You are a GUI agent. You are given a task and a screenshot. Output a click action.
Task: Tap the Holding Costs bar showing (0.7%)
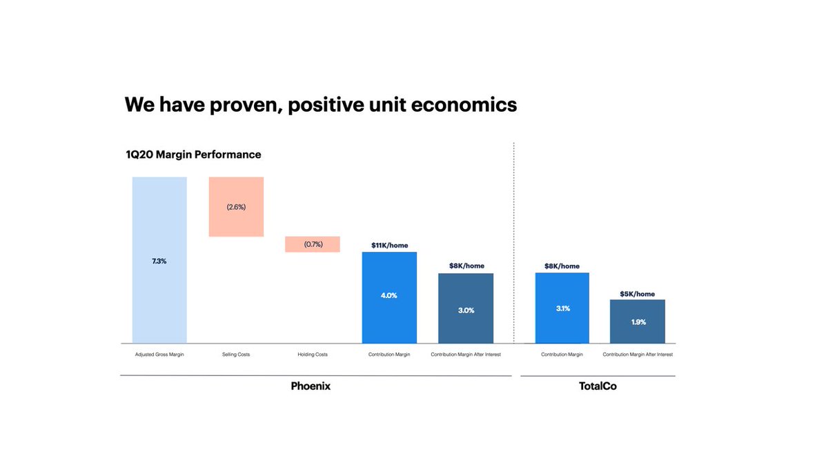(x=312, y=244)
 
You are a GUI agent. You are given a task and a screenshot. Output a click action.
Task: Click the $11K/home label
(x=389, y=245)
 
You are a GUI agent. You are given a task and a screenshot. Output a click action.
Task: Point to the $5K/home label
(x=638, y=293)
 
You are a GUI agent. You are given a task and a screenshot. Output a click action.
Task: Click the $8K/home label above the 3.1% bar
(x=562, y=266)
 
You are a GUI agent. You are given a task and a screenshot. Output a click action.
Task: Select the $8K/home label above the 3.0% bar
(x=466, y=266)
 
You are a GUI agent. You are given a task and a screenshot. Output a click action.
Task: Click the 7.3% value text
(x=159, y=261)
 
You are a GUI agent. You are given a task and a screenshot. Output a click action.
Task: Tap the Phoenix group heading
(x=310, y=386)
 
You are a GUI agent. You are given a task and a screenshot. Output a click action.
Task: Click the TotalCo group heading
(x=598, y=386)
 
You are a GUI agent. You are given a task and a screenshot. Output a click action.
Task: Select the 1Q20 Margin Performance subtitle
(x=193, y=155)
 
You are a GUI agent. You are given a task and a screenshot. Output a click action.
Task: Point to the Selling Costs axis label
(x=236, y=355)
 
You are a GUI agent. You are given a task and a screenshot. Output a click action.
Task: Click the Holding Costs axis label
(x=312, y=355)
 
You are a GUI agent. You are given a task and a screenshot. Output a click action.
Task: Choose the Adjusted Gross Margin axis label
(x=159, y=355)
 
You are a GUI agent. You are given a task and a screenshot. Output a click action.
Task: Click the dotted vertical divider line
(x=514, y=241)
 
